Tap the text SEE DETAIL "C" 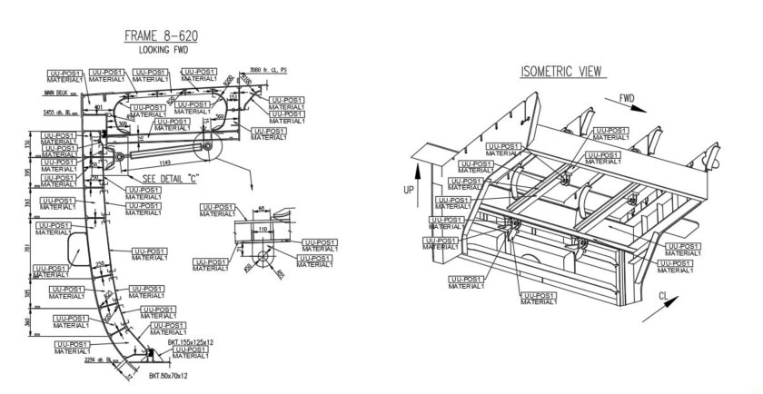click(173, 178)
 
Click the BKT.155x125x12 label click(185, 341)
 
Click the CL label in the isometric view click(664, 296)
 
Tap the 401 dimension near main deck click(99, 107)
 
